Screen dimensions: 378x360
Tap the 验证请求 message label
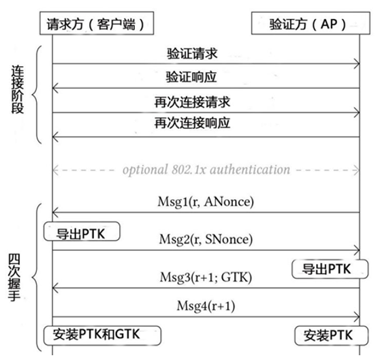(x=192, y=54)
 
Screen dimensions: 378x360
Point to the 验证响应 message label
(x=191, y=77)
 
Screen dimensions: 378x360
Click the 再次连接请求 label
(x=192, y=102)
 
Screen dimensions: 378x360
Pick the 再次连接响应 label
(x=192, y=123)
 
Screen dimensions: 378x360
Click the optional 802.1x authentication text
(x=206, y=170)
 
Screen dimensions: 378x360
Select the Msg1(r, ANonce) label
(x=206, y=202)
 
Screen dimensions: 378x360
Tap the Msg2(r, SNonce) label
(x=206, y=239)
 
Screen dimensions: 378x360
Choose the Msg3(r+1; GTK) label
(x=206, y=277)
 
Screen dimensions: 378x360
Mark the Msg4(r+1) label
(x=206, y=306)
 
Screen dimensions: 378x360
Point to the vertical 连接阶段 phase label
(x=18, y=89)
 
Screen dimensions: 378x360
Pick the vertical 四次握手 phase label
(x=14, y=277)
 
